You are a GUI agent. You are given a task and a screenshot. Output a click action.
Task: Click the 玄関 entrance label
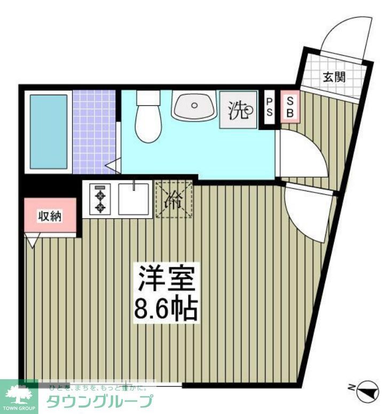[334, 76]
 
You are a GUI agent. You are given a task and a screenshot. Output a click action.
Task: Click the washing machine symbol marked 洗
[238, 110]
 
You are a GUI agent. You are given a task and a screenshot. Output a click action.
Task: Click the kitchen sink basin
[134, 199]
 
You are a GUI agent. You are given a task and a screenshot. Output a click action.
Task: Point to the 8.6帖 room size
[165, 308]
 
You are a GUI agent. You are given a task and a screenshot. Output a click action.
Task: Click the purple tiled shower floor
[94, 132]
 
